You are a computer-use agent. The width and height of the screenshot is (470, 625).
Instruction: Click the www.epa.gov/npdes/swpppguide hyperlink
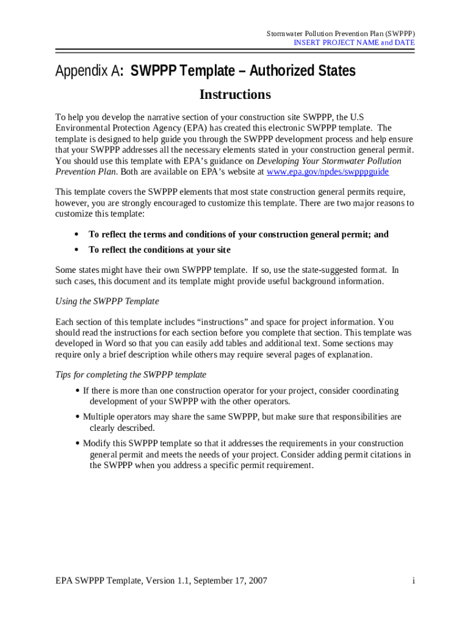point(328,172)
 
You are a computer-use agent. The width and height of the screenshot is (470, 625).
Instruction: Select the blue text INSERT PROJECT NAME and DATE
point(354,43)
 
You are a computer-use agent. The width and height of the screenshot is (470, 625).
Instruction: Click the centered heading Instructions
point(235,95)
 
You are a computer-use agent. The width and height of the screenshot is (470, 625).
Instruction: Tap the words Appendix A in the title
point(87,72)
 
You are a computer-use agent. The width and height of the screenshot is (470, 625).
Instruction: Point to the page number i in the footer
point(413,580)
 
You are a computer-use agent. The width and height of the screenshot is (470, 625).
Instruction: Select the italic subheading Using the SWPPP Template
point(107,301)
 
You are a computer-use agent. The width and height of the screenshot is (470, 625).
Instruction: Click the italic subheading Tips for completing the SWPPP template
point(131,374)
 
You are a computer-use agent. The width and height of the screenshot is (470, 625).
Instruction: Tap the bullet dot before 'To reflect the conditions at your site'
point(76,250)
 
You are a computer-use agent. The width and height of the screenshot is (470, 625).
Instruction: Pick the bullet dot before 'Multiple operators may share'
point(78,417)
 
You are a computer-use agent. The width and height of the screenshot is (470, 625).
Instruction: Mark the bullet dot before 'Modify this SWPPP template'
point(78,444)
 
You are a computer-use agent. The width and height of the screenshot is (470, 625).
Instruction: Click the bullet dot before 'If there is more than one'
point(78,391)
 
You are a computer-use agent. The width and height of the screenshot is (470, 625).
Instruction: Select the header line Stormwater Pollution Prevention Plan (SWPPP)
point(341,33)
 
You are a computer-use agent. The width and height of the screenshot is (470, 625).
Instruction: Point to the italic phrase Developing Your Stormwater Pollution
point(329,161)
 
